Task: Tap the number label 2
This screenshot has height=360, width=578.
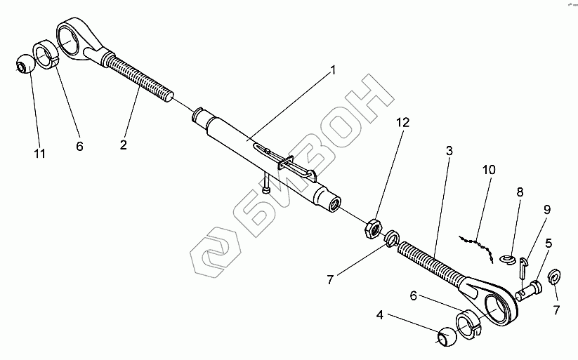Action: point(123,145)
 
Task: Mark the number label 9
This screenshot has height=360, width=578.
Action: point(547,210)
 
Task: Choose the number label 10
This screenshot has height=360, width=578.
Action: point(489,171)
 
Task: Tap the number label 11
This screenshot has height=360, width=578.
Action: point(40,153)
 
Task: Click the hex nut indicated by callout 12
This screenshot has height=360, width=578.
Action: point(373,228)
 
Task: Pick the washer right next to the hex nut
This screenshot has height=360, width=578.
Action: point(393,239)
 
